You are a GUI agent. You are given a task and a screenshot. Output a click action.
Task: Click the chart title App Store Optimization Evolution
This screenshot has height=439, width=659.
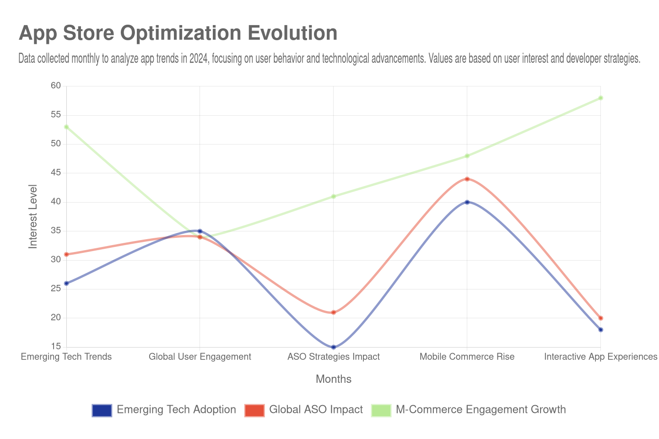178,33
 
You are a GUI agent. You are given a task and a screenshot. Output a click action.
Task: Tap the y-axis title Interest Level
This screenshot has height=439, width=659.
32,216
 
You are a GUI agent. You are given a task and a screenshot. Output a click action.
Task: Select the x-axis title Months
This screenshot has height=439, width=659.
333,379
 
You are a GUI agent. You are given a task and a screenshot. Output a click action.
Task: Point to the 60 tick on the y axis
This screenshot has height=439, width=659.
56,86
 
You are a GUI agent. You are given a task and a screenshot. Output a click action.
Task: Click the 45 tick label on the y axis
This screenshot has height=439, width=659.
56,172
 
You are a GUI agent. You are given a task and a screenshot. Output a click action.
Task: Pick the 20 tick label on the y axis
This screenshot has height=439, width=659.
56,317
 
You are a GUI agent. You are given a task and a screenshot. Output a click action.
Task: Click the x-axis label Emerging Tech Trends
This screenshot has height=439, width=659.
66,357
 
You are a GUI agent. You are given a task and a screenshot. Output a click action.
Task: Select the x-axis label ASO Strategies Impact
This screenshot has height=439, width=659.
333,357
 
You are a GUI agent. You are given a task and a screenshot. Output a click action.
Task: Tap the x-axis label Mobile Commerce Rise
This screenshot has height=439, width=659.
467,357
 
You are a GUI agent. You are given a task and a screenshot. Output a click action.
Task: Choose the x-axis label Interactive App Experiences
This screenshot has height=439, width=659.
600,357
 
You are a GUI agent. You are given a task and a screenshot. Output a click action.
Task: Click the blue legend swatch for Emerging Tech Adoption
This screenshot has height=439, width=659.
102,410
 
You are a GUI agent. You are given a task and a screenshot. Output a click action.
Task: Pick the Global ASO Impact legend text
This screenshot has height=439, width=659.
316,410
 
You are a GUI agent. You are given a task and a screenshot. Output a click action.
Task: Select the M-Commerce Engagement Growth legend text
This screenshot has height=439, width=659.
481,410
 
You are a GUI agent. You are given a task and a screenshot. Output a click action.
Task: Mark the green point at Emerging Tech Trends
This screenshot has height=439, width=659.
66,127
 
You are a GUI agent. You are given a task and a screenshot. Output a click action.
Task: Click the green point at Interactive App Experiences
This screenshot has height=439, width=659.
601,98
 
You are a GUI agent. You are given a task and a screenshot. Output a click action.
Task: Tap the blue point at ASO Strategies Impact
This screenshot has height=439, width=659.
334,347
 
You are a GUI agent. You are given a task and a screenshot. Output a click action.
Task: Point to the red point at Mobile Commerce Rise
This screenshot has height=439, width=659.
467,179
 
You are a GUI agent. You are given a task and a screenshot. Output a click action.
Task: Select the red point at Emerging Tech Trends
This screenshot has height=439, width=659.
66,254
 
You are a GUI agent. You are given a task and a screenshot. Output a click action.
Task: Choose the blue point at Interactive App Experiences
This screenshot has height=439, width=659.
601,330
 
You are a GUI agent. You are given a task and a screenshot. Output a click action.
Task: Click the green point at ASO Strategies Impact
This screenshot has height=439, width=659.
334,197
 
